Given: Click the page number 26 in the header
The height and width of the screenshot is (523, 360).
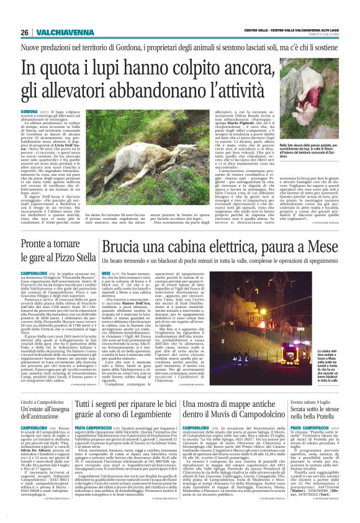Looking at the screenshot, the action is pos(24,14).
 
